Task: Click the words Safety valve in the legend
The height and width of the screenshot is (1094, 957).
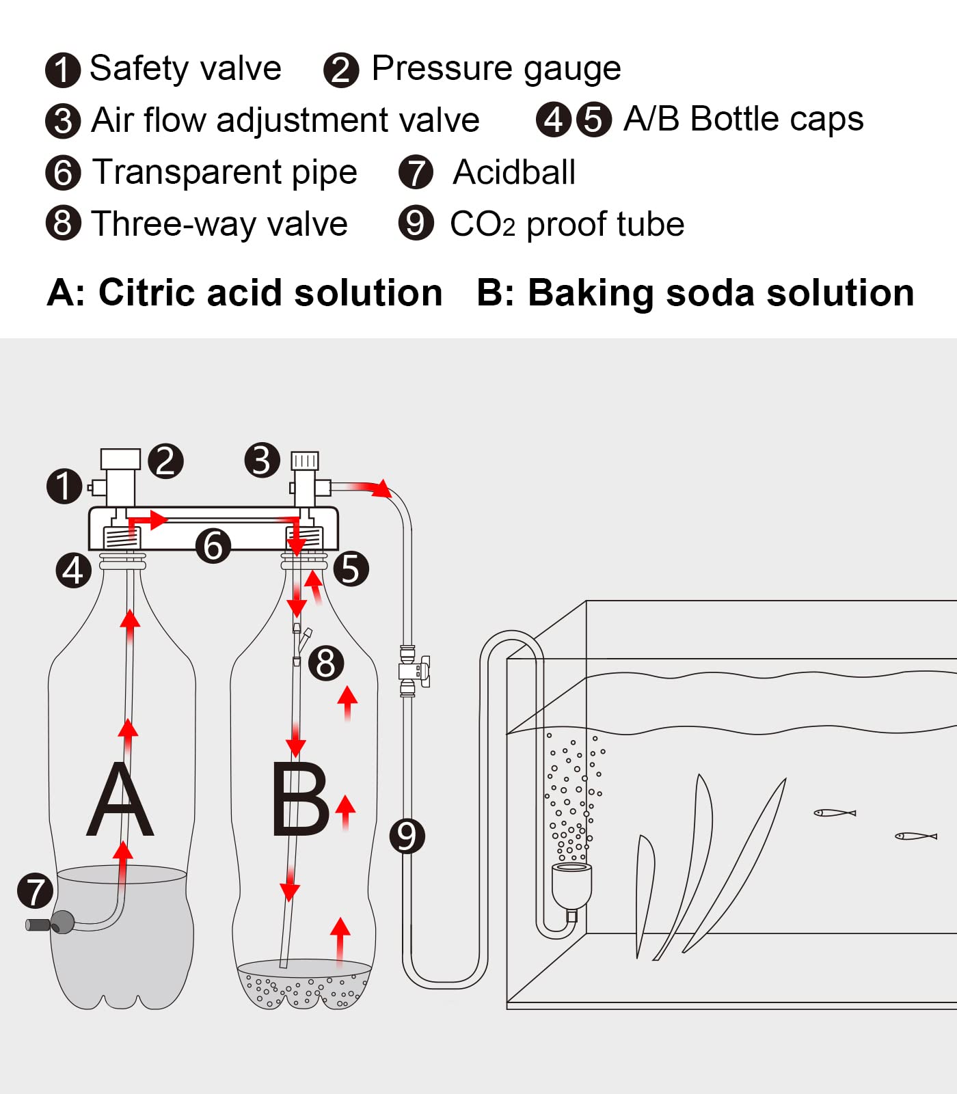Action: coord(185,68)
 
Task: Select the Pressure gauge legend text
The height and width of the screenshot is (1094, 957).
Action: coord(496,68)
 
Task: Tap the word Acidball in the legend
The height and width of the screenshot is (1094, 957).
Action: coord(514,172)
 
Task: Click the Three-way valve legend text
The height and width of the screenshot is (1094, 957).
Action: coord(219,224)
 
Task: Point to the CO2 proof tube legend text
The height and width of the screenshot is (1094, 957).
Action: coord(567,224)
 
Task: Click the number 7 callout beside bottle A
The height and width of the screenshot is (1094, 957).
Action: coord(36,891)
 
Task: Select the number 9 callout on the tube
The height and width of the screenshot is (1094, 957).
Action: coord(407,836)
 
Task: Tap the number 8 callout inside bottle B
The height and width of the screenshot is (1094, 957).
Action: coord(326,663)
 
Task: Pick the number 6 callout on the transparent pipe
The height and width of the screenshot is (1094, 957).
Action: coord(213,546)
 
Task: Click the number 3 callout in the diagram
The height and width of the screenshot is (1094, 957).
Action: coord(262,460)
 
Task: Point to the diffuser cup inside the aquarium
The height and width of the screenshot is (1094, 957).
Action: coord(571,886)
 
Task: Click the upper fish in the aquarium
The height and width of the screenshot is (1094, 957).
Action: coord(835,813)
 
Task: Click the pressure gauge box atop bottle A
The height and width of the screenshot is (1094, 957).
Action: coord(120,459)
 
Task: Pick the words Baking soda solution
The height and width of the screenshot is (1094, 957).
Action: coord(720,293)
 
